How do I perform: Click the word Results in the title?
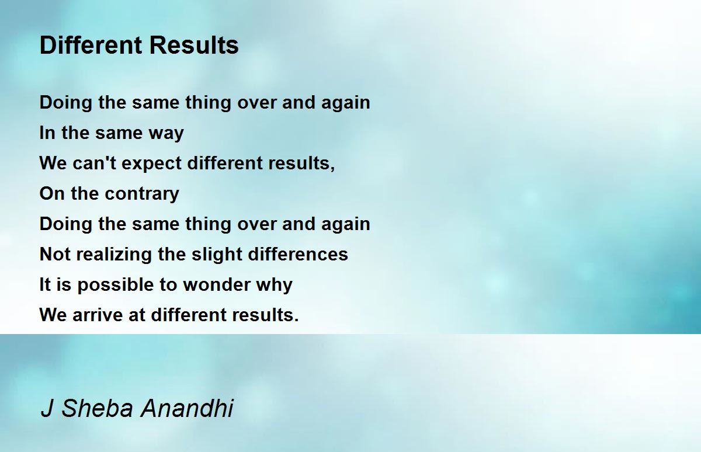(194, 45)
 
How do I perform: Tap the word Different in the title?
(91, 45)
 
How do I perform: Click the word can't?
(94, 163)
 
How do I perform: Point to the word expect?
(151, 164)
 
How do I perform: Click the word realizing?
(114, 255)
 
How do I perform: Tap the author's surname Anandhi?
(187, 408)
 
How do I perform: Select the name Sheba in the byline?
(98, 408)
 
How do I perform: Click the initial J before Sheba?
(47, 408)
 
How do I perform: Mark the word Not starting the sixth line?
(55, 254)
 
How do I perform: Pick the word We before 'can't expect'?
(53, 164)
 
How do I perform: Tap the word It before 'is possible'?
(45, 284)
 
